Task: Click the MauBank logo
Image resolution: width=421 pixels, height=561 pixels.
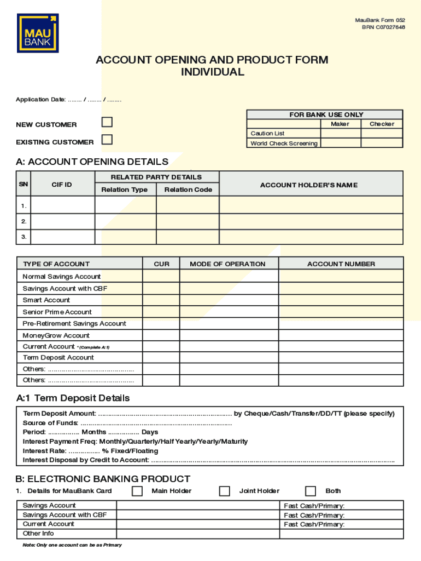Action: [38, 33]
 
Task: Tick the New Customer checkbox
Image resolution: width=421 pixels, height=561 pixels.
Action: [107, 122]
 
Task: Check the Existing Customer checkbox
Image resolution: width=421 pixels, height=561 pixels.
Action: [107, 140]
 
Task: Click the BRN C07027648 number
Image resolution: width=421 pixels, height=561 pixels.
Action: [383, 27]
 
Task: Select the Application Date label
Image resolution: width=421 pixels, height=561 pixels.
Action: [40, 100]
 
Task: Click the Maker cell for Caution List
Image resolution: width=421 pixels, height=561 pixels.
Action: [340, 133]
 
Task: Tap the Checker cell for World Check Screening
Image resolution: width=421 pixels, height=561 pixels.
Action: [382, 143]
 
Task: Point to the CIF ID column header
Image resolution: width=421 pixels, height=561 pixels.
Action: [62, 185]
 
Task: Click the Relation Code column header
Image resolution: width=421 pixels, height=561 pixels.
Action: [188, 190]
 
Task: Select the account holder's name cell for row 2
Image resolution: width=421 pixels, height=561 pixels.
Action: [311, 221]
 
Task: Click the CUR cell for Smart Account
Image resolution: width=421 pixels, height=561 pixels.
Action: [161, 300]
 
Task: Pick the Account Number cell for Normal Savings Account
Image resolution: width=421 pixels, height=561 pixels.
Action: [341, 276]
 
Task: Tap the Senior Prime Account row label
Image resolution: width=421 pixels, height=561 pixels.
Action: [57, 312]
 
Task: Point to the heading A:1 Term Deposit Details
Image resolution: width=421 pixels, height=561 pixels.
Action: [73, 398]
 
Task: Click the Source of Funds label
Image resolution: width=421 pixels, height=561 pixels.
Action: [50, 423]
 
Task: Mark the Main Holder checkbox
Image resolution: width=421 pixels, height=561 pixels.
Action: [137, 491]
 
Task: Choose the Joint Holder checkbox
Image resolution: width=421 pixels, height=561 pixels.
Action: [224, 491]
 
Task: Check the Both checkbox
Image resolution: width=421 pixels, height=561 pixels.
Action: [311, 491]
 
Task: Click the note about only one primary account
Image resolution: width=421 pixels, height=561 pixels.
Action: [72, 545]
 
